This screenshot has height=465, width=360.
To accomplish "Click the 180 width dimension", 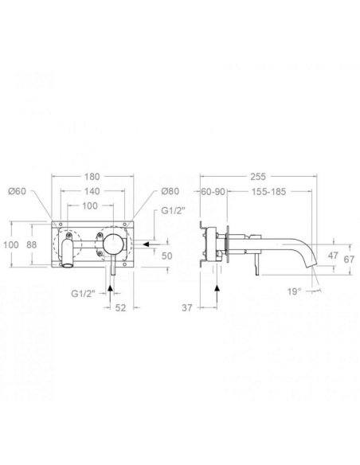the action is click(92, 177).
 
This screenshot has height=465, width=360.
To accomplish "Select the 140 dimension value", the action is click(92, 191).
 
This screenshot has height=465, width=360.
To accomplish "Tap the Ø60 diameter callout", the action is click(17, 191).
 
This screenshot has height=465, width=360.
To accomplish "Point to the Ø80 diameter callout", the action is click(170, 191).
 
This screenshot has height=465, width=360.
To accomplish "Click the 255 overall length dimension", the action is click(258, 177).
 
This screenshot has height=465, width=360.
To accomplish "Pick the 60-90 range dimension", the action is click(213, 192).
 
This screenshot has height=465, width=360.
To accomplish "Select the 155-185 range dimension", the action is click(268, 192).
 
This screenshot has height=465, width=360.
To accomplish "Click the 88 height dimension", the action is click(31, 244).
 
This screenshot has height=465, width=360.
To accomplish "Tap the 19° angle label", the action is click(295, 291).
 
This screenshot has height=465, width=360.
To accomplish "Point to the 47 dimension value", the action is click(333, 256).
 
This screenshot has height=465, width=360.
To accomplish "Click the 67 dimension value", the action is click(349, 260).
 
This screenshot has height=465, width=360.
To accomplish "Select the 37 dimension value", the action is click(187, 308).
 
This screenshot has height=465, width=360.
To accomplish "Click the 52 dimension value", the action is click(120, 308).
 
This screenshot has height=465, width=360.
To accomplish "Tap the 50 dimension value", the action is click(167, 256).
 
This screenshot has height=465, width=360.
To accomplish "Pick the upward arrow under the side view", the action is click(217, 296).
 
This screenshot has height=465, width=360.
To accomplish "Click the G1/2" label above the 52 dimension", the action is click(83, 294).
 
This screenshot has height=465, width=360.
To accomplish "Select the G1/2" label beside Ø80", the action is click(173, 210).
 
